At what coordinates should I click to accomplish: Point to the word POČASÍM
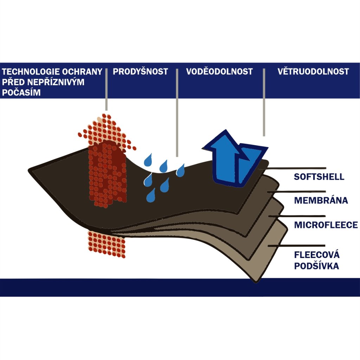pos(21,92)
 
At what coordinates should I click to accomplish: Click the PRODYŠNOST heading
pos(140,72)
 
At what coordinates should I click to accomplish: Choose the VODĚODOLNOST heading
pos(219,72)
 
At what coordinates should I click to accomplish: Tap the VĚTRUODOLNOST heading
pos(313,72)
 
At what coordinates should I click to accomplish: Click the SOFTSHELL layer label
pos(319,176)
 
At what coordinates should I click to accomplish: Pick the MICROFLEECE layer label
pos(326,225)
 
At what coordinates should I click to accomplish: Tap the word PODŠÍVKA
pos(316,266)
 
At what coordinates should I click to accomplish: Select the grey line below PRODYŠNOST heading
pos(177,112)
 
